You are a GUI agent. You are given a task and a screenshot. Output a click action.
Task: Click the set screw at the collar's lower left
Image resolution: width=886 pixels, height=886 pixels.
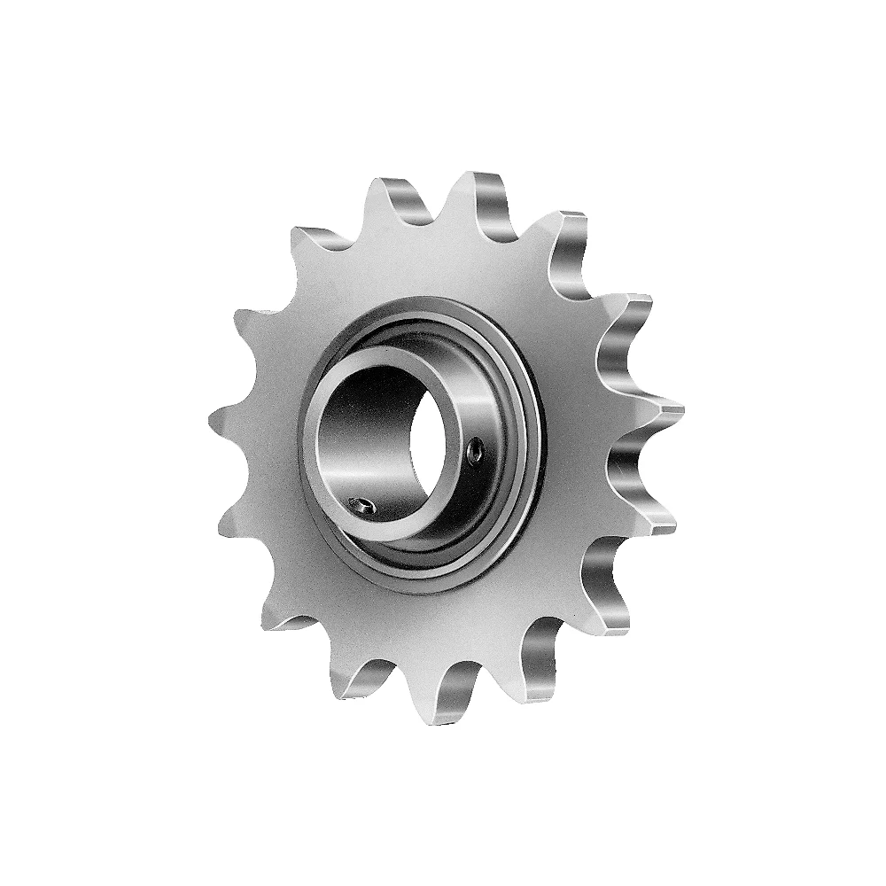pos(361,506)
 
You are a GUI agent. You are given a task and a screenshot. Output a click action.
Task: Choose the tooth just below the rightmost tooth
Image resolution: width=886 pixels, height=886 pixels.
pos(651,514)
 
